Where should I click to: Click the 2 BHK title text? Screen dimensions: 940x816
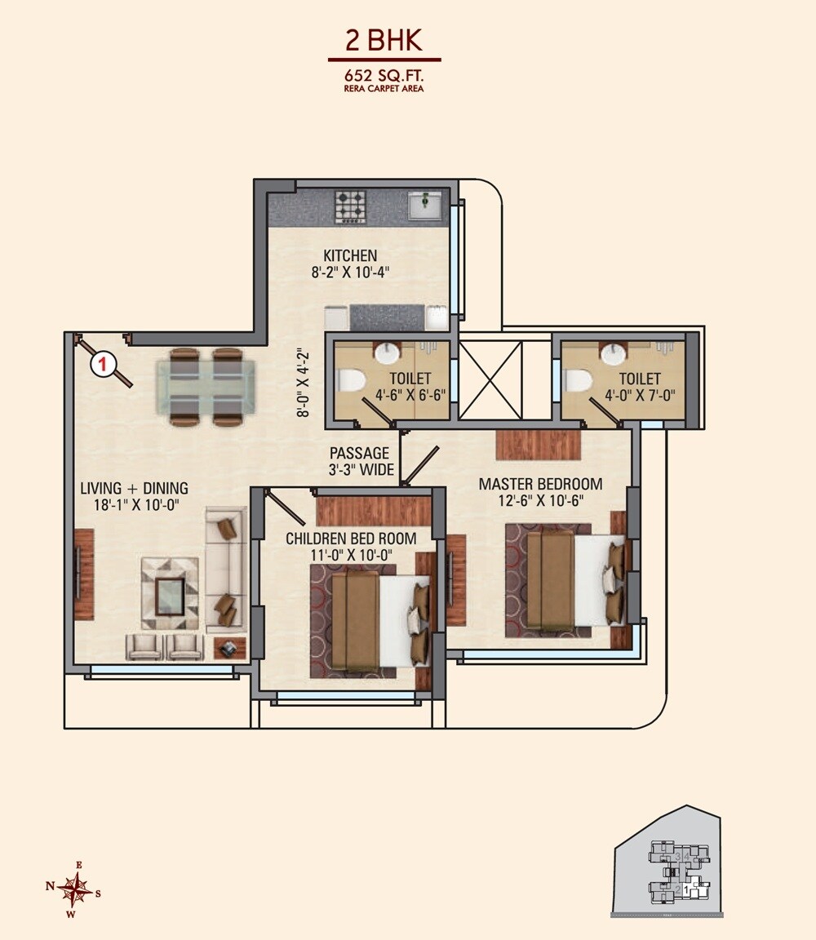384,42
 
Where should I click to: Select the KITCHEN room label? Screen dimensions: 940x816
349,255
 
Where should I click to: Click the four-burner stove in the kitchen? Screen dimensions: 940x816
351,206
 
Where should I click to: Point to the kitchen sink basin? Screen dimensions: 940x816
424,205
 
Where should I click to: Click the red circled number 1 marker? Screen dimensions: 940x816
103,364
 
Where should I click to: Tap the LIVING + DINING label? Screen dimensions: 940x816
134,489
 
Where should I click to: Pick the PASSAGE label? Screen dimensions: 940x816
359,454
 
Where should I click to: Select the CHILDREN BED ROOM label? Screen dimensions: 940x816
351,539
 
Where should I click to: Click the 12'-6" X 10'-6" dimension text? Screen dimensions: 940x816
540,500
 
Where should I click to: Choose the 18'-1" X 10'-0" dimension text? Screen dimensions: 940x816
134,506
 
